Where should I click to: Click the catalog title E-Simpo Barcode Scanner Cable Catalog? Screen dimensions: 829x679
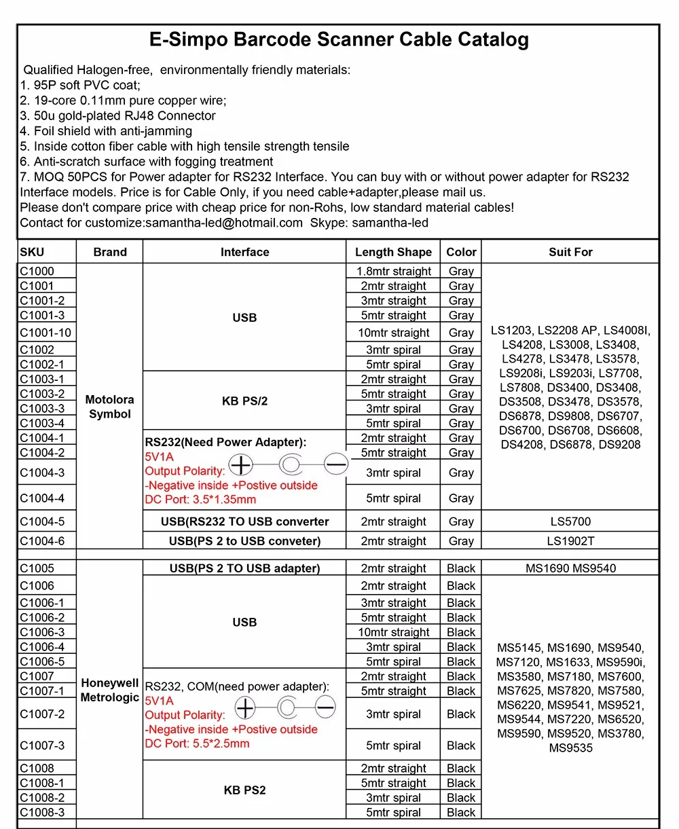[339, 39]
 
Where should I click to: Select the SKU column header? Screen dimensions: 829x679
[32, 252]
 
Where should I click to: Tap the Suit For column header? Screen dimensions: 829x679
[570, 252]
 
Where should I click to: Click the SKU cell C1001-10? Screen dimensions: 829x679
[45, 333]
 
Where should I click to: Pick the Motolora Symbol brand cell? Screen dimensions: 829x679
[109, 407]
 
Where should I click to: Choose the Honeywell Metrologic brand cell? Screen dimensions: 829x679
[109, 690]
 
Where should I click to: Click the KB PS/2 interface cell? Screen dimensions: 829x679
[244, 401]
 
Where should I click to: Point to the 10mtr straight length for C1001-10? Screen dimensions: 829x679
[393, 333]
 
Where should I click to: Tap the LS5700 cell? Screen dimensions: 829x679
[570, 521]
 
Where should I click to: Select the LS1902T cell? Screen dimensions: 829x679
[570, 541]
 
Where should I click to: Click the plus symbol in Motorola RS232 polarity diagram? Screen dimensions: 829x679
[241, 465]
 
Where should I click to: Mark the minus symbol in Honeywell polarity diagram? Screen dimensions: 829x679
[325, 708]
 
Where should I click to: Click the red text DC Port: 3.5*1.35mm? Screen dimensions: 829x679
[200, 500]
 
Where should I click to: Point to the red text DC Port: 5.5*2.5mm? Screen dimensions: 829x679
[197, 743]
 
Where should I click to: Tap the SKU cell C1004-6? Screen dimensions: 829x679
[42, 541]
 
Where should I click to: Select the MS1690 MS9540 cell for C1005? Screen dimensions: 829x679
[570, 568]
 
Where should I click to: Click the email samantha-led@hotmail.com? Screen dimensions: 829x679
[223, 223]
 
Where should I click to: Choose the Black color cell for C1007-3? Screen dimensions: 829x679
[461, 745]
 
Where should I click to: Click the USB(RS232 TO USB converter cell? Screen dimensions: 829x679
[244, 521]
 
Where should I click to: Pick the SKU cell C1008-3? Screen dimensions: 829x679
[42, 813]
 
